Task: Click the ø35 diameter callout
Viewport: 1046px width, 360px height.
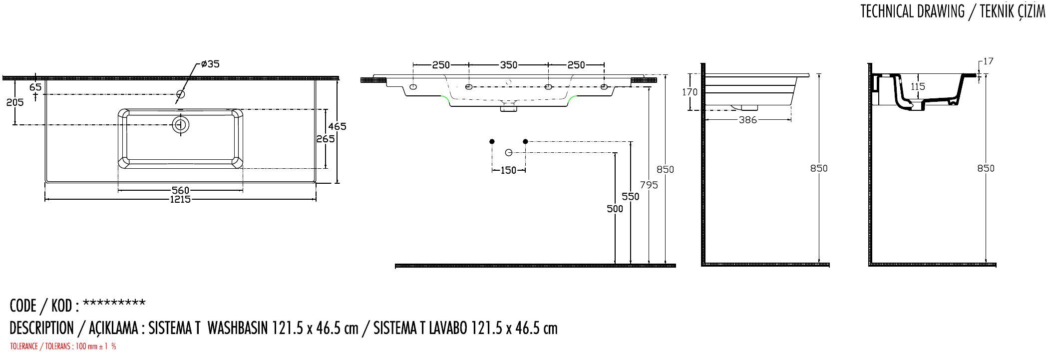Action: pyautogui.click(x=210, y=64)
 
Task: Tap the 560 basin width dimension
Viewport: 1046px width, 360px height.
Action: pyautogui.click(x=180, y=190)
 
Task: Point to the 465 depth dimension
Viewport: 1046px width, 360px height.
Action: pyautogui.click(x=337, y=127)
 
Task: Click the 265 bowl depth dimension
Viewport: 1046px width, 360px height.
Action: pyautogui.click(x=326, y=139)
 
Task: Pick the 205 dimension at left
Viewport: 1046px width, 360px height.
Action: pyautogui.click(x=15, y=102)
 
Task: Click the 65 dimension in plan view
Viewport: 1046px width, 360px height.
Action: pyautogui.click(x=35, y=87)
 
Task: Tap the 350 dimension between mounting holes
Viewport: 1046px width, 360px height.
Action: pyautogui.click(x=508, y=65)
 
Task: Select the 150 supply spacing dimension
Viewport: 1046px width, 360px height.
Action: pyautogui.click(x=508, y=171)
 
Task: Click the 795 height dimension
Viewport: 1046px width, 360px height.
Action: pyautogui.click(x=649, y=185)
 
